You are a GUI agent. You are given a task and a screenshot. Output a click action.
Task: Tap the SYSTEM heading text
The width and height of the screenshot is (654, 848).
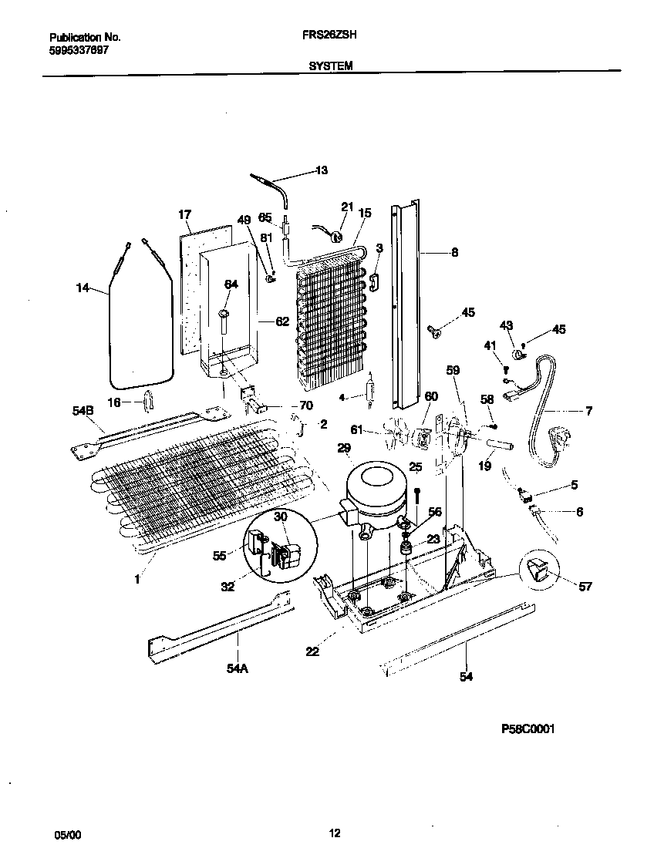(331, 66)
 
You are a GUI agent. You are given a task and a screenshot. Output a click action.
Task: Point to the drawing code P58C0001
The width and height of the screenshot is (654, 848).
(528, 728)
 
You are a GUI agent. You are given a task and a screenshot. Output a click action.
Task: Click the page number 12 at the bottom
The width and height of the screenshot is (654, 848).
(334, 833)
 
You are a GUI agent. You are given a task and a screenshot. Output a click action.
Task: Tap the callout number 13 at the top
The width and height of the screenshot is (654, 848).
(322, 170)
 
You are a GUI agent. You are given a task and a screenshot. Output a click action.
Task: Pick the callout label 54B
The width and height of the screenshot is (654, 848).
(83, 412)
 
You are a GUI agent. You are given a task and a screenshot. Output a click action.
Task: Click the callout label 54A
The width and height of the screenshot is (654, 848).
(237, 668)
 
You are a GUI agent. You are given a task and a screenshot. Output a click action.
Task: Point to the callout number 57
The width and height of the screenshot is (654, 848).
(585, 587)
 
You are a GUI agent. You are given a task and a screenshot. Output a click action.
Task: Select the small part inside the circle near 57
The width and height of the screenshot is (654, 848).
(540, 571)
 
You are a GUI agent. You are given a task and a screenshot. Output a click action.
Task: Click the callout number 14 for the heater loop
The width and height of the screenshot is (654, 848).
(83, 288)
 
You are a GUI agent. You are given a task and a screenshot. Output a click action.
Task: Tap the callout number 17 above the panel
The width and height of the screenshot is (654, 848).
(184, 214)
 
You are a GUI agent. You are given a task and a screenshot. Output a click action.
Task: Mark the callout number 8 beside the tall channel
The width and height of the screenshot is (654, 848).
(454, 251)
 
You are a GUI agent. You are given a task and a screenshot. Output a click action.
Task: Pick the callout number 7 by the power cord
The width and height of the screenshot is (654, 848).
(588, 411)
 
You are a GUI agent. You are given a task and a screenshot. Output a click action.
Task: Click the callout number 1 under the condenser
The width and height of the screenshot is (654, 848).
(137, 580)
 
